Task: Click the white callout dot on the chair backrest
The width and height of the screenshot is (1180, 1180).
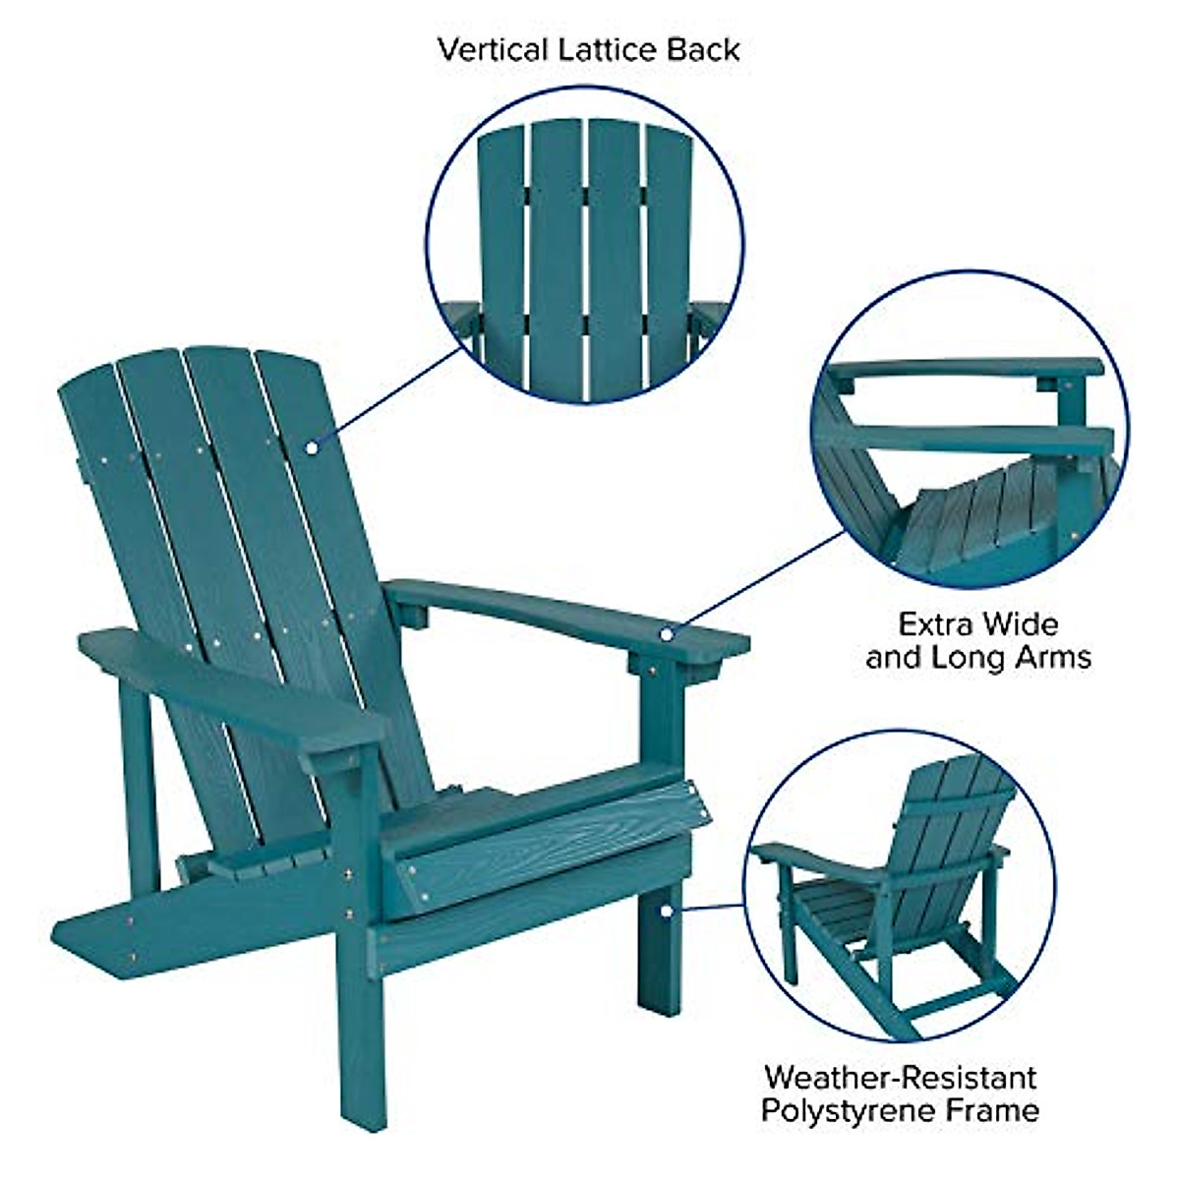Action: (x=311, y=448)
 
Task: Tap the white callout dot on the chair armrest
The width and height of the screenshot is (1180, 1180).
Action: (x=667, y=634)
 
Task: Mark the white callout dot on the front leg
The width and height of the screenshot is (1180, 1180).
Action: (x=667, y=911)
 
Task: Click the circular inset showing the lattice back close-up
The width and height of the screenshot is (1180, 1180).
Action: (x=585, y=246)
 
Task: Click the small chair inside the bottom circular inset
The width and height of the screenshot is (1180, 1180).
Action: (x=885, y=885)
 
